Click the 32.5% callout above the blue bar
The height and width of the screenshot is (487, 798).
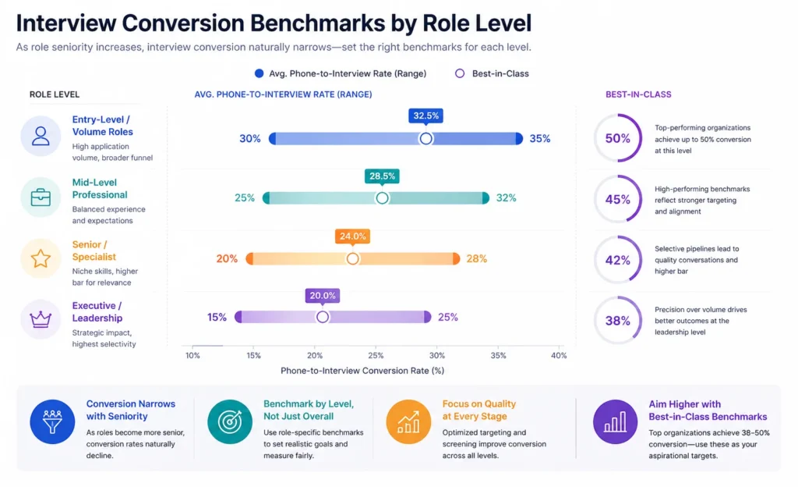pyautogui.click(x=425, y=116)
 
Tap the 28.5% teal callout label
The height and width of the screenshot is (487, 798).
pyautogui.click(x=382, y=176)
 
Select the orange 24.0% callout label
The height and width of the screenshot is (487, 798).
pyautogui.click(x=352, y=236)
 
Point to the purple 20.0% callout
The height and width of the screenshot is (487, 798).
pyautogui.click(x=322, y=296)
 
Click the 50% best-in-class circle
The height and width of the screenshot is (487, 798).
pyautogui.click(x=617, y=138)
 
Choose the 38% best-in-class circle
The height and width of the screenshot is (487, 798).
pyautogui.click(x=617, y=320)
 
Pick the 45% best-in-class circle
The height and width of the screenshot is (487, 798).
pyautogui.click(x=617, y=199)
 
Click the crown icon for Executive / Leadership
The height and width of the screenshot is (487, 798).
pyautogui.click(x=41, y=318)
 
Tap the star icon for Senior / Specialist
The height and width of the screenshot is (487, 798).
pyautogui.click(x=41, y=258)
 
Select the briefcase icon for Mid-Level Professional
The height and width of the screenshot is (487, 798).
pyautogui.click(x=41, y=197)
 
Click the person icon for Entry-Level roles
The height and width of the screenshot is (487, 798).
pyautogui.click(x=41, y=137)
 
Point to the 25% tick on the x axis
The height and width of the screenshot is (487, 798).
pyautogui.click(x=376, y=355)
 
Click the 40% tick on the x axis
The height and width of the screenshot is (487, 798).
pyautogui.click(x=558, y=355)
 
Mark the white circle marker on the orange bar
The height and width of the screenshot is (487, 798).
pyautogui.click(x=352, y=258)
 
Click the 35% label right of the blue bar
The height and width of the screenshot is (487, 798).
pyautogui.click(x=540, y=138)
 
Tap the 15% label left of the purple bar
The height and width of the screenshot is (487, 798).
pyautogui.click(x=217, y=317)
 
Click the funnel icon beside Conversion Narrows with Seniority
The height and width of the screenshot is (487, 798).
pyautogui.click(x=52, y=421)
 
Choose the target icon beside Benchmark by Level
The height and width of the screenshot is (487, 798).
pyautogui.click(x=230, y=421)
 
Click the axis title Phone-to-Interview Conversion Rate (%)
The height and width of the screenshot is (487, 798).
pyautogui.click(x=362, y=371)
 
